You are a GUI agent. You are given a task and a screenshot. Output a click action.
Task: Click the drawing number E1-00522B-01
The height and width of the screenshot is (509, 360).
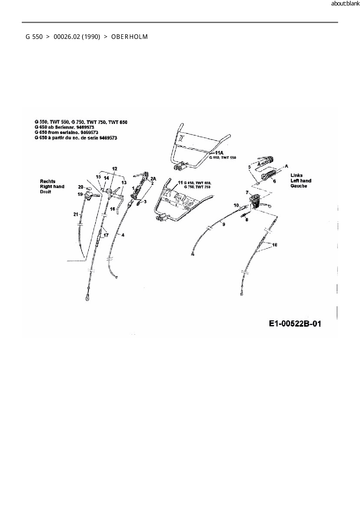point(295,324)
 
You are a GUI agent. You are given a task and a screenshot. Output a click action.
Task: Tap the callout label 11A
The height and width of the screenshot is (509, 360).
point(219,153)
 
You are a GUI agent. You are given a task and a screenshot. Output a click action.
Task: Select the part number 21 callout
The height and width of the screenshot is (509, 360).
point(76,214)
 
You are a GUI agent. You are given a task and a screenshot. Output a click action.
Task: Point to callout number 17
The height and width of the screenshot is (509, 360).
point(106,235)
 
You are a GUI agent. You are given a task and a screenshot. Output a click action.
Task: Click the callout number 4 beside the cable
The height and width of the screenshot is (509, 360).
point(123,235)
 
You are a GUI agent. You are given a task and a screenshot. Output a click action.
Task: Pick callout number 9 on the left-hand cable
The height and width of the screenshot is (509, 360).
point(224,224)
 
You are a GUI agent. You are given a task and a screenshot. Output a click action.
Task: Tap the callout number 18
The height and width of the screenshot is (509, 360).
point(275,245)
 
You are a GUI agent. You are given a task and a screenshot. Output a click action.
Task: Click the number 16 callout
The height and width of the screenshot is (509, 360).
point(112,209)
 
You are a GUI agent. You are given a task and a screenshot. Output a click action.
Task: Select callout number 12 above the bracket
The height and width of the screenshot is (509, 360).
point(115,169)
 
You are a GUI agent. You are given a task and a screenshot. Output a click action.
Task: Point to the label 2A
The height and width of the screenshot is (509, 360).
point(153,179)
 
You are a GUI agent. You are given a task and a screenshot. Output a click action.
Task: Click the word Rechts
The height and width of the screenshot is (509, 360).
point(48,181)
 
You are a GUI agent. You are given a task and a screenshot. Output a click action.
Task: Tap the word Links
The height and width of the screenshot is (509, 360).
point(296,175)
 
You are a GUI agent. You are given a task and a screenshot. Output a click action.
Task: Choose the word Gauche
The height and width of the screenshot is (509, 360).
point(299,186)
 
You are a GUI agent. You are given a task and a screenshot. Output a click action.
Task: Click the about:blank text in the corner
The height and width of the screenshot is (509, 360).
point(345,4)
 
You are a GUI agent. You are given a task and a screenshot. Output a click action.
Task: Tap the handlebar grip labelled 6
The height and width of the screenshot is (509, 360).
point(269,176)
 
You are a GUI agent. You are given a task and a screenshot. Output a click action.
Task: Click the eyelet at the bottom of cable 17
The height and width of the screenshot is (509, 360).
point(87,297)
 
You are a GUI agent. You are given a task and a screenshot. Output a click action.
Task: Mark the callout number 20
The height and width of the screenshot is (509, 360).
point(81,187)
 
